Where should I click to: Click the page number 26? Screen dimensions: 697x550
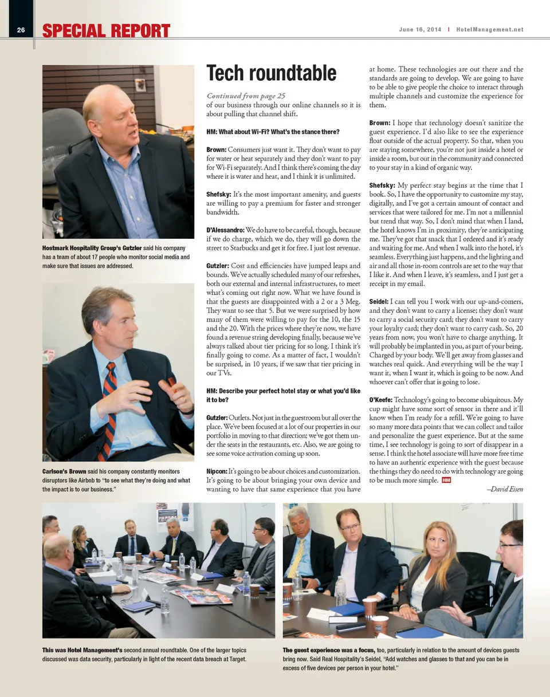[x=20, y=30]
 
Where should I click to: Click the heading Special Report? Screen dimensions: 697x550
[x=106, y=30]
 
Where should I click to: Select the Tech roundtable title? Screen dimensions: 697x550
[x=271, y=73]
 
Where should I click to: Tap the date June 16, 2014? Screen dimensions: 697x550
[x=421, y=30]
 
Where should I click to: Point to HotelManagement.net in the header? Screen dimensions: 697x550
[x=489, y=30]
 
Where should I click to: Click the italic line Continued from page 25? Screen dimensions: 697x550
[x=246, y=96]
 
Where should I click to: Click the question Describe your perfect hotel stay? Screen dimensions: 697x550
[x=283, y=395]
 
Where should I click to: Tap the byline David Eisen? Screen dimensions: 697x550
[x=504, y=489]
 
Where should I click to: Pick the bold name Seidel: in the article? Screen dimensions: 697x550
[x=378, y=301]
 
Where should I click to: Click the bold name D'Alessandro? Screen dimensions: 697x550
[x=225, y=230]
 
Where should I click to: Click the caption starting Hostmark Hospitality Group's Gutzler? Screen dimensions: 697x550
[x=116, y=257]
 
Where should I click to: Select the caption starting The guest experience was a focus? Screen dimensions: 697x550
[x=401, y=659]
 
